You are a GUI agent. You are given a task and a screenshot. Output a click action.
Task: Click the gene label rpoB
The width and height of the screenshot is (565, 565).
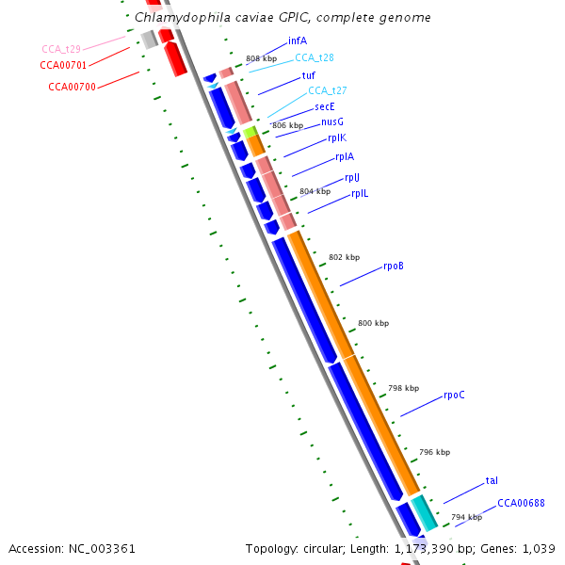(394, 266)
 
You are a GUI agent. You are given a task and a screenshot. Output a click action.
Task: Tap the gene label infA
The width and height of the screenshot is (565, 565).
(298, 40)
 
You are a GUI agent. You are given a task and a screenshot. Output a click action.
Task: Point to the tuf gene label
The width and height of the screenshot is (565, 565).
(308, 74)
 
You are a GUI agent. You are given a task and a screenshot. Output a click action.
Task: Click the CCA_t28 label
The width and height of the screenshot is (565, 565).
(314, 57)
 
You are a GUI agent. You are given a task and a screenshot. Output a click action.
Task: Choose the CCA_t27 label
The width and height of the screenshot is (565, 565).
(328, 90)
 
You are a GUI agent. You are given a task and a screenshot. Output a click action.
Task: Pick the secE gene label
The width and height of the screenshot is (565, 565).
(325, 107)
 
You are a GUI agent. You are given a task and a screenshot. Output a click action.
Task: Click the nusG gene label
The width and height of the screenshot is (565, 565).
(332, 121)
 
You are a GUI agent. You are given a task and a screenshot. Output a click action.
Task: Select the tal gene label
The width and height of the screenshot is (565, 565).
(492, 480)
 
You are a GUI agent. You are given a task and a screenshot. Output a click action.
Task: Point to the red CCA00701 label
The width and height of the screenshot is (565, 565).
(63, 66)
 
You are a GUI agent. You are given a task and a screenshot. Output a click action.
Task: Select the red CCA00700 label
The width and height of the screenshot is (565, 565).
(72, 87)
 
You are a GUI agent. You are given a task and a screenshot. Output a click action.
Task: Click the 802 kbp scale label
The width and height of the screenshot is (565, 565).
(344, 257)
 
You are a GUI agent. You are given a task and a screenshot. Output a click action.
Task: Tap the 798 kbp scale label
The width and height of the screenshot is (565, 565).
(403, 388)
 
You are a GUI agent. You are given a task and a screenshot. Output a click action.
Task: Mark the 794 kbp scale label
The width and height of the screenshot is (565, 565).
(466, 517)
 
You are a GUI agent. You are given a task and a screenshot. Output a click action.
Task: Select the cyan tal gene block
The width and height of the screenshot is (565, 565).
(423, 511)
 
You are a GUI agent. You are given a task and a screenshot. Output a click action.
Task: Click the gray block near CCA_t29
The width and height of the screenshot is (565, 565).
(149, 39)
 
